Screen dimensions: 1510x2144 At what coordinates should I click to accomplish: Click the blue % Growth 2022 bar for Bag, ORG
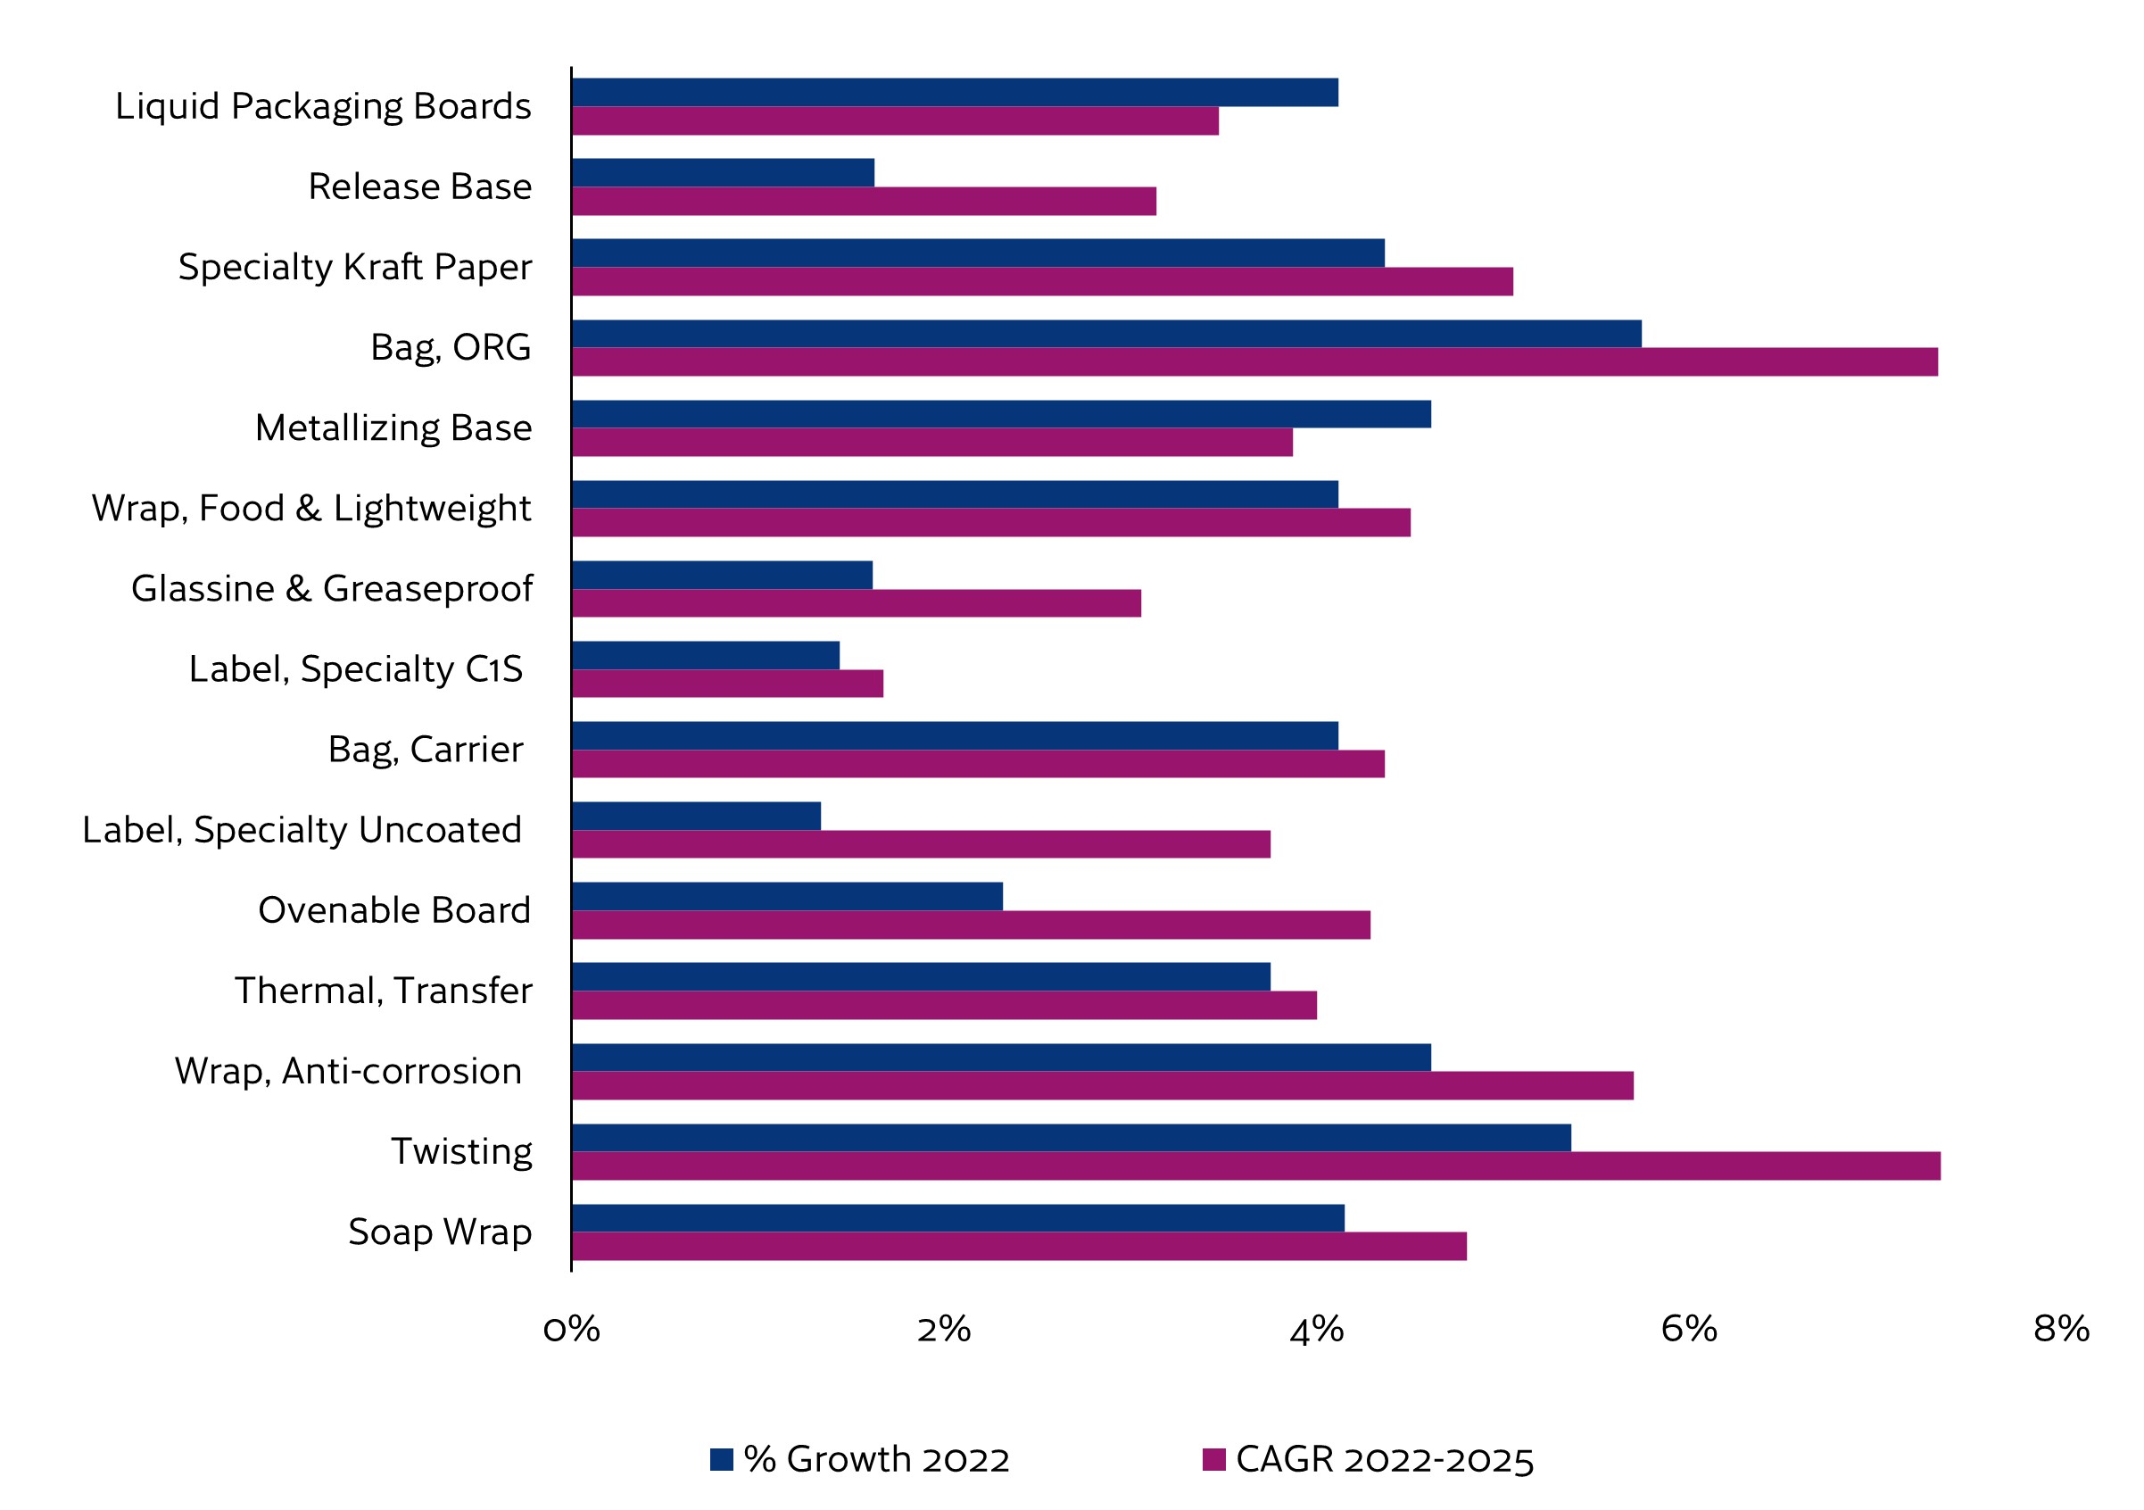[x=1106, y=334]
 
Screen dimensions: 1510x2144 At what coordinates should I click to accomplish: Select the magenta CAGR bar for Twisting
[x=1256, y=1166]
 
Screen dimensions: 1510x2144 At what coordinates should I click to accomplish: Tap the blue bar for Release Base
[x=724, y=173]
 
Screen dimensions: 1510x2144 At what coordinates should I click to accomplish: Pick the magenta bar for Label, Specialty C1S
[x=727, y=684]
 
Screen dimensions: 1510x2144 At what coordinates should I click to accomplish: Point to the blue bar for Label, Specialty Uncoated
[x=697, y=817]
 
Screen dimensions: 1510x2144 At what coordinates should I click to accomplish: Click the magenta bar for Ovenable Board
[x=971, y=925]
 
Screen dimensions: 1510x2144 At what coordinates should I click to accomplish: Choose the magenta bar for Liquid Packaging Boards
[x=896, y=121]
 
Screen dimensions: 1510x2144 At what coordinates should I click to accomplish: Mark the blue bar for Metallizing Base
[x=1001, y=414]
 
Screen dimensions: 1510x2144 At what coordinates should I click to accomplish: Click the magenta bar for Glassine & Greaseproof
[x=857, y=603]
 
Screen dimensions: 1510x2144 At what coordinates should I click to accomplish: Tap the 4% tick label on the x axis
[x=1317, y=1329]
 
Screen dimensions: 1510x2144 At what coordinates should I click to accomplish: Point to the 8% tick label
[x=2061, y=1329]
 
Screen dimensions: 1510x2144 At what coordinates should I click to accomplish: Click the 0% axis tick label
[x=572, y=1329]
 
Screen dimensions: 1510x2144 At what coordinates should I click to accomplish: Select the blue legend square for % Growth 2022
[x=722, y=1458]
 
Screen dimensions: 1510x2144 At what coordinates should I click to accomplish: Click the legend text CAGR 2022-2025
[x=1384, y=1459]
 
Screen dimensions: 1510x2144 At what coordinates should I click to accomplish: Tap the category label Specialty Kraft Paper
[x=355, y=267]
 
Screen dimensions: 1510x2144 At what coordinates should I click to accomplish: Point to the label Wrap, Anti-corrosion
[x=348, y=1071]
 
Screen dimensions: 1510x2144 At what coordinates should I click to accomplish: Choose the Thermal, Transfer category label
[x=383, y=991]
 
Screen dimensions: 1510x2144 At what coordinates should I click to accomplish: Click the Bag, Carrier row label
[x=426, y=750]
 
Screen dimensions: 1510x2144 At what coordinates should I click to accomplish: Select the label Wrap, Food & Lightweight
[x=311, y=509]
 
